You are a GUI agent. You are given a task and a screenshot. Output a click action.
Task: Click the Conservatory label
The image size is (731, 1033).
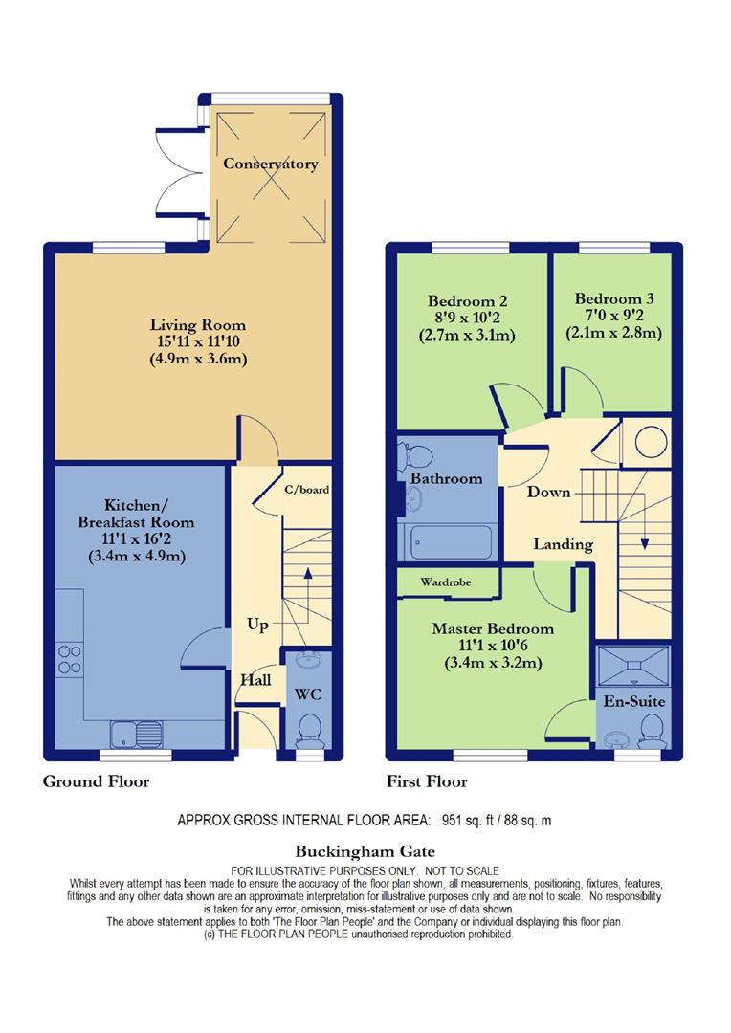tap(270, 164)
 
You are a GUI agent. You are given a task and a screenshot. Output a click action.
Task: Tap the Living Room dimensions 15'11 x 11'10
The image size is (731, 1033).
tap(198, 341)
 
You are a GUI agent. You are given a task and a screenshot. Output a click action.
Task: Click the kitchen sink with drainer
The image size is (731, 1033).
tap(137, 735)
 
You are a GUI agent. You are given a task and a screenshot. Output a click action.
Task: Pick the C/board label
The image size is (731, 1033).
tap(306, 490)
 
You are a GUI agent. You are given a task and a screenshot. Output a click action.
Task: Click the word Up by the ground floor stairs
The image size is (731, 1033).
tap(257, 625)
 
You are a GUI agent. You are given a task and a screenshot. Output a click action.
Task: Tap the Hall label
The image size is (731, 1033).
tap(255, 680)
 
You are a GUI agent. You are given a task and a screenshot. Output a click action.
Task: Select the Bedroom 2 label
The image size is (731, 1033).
tap(467, 301)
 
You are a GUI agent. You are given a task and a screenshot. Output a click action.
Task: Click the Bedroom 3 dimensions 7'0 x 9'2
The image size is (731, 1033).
tap(613, 316)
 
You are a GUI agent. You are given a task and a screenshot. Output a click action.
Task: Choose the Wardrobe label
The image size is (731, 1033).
tap(446, 582)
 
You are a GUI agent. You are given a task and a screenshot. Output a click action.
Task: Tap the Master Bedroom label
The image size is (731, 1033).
tap(493, 628)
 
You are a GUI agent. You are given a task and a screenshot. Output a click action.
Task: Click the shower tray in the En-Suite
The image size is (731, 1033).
tap(633, 667)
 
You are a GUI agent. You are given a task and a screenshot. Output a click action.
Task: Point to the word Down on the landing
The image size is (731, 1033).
tap(548, 493)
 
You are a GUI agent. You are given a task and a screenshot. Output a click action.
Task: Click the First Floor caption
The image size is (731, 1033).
tap(427, 782)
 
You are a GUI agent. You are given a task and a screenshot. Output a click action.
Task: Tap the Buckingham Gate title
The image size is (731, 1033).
tap(365, 852)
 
